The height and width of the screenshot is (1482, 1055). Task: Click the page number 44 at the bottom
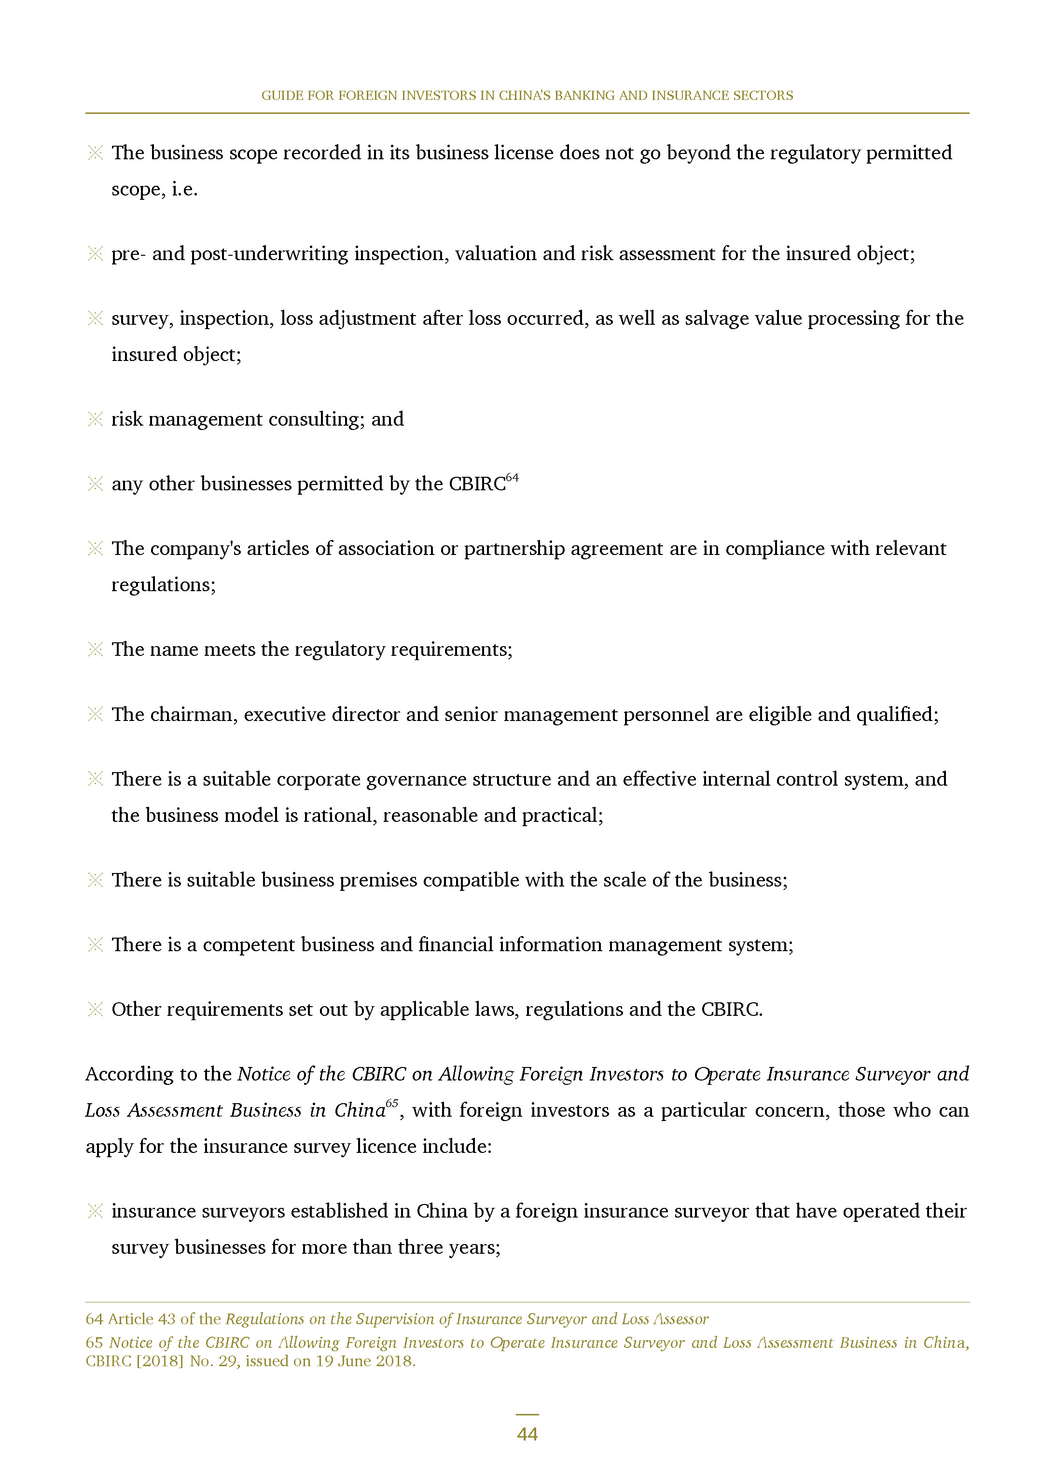point(527,1434)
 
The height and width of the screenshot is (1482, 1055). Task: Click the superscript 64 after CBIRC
point(512,478)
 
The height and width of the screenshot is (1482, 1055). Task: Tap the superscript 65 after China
point(392,1103)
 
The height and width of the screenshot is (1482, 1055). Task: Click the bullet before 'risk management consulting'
point(96,419)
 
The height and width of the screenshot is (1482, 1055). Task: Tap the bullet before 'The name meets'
point(96,650)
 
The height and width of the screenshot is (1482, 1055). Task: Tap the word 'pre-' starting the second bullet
point(128,254)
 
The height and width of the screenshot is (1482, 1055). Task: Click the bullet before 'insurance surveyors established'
point(96,1211)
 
